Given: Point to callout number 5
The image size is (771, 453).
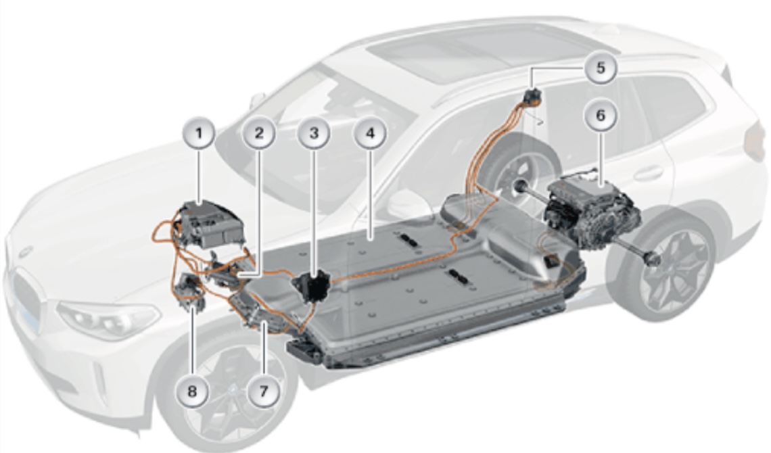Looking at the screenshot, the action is (601, 68).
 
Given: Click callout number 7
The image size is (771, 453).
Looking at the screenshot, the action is (264, 391).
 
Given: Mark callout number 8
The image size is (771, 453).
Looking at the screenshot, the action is (192, 391).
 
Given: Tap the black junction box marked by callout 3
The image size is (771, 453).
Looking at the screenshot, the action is (311, 285).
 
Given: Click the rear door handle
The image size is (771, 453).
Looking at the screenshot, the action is (648, 173).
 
